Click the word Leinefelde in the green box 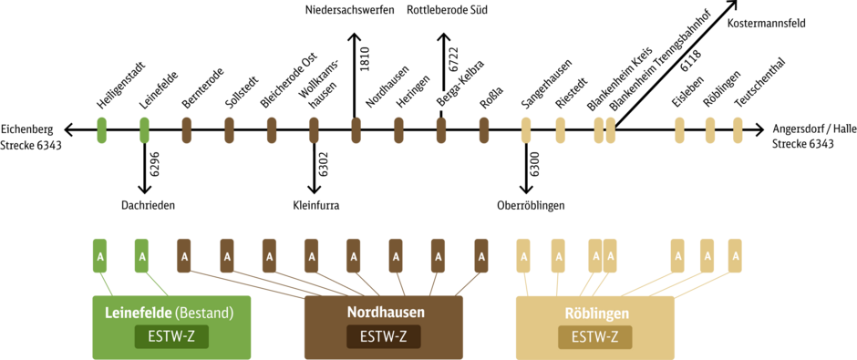pyautogui.click(x=137, y=313)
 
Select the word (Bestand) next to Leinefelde pyautogui.click(x=204, y=313)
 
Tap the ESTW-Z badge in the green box pyautogui.click(x=171, y=337)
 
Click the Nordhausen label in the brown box pyautogui.click(x=386, y=312)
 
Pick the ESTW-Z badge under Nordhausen pyautogui.click(x=384, y=337)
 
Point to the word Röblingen pyautogui.click(x=596, y=313)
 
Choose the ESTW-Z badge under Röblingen pyautogui.click(x=595, y=337)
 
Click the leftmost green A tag pyautogui.click(x=100, y=255)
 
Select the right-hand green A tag pyautogui.click(x=142, y=255)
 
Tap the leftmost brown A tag pyautogui.click(x=184, y=255)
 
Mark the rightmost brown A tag pyautogui.click(x=481, y=255)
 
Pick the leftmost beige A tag pyautogui.click(x=523, y=255)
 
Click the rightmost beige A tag pyautogui.click(x=735, y=255)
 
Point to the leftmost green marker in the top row pyautogui.click(x=102, y=129)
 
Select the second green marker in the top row pyautogui.click(x=144, y=129)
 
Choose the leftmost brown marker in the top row pyautogui.click(x=187, y=129)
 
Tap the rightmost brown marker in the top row pyautogui.click(x=484, y=129)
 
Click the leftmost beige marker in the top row pyautogui.click(x=526, y=129)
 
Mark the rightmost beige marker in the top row pyautogui.click(x=738, y=129)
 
